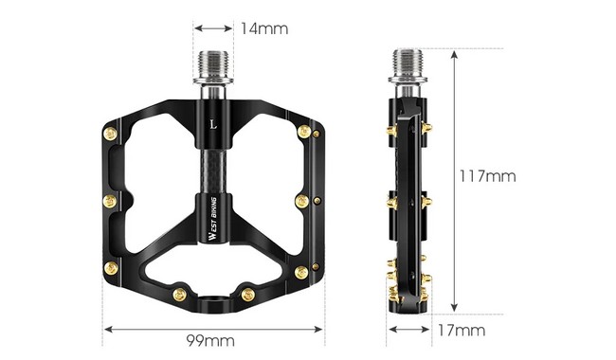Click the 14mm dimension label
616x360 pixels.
coord(263,28)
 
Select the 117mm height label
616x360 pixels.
coord(488,176)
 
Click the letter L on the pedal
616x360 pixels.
coord(213,122)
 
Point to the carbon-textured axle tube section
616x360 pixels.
coord(213,166)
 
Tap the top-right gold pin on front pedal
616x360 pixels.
coord(305,131)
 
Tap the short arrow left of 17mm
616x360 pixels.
coord(408,330)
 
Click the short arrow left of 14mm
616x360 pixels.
coord(213,28)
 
